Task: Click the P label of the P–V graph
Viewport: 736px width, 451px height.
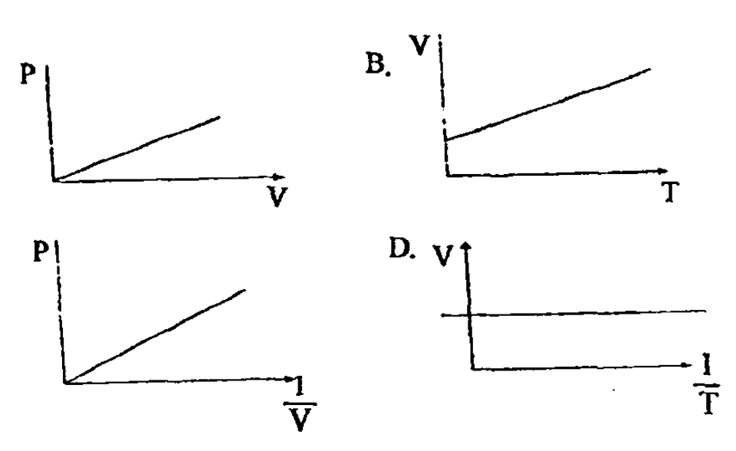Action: (x=28, y=74)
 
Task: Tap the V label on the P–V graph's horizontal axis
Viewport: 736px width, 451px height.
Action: (x=277, y=196)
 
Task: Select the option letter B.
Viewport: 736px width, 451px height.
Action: (x=377, y=64)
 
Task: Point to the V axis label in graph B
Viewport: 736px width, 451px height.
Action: (x=419, y=45)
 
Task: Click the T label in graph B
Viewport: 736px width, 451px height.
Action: (x=670, y=192)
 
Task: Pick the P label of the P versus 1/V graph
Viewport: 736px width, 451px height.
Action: (x=41, y=252)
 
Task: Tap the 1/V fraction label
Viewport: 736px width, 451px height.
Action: (x=300, y=404)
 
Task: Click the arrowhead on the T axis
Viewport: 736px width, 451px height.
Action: (x=662, y=170)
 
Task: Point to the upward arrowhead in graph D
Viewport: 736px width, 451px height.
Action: (x=465, y=245)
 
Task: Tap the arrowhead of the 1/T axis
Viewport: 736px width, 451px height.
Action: (x=688, y=365)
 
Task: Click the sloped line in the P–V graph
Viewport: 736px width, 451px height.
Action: (x=136, y=149)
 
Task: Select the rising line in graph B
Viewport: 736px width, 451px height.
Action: (x=547, y=104)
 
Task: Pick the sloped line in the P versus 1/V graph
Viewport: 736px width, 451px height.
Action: (x=155, y=337)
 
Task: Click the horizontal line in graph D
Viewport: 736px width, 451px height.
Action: (x=573, y=314)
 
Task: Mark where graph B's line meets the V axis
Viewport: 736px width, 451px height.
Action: (x=445, y=140)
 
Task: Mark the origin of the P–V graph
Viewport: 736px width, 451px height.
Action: (x=54, y=180)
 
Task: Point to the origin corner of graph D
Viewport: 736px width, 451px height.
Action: (x=473, y=369)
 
